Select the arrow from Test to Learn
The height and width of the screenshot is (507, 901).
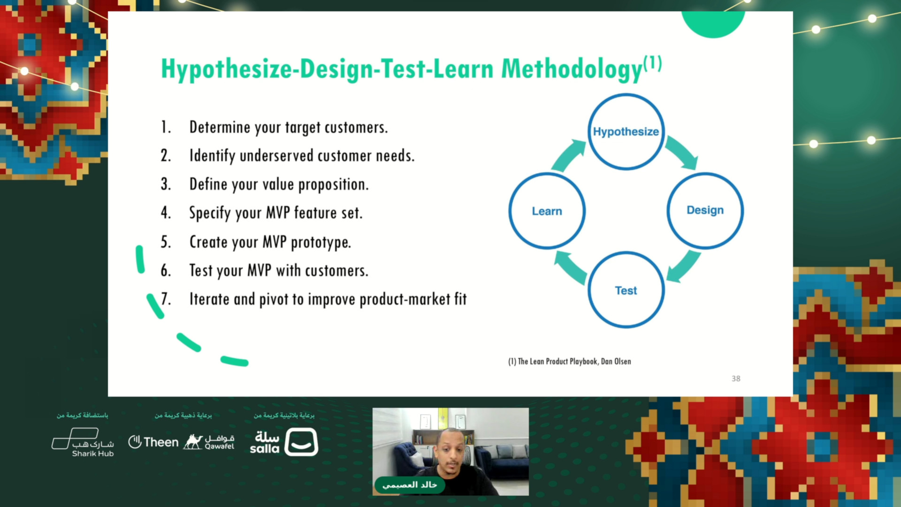point(569,267)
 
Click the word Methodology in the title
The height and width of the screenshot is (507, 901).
point(572,69)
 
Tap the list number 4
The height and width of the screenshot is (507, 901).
point(166,213)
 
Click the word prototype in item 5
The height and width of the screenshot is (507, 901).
point(321,243)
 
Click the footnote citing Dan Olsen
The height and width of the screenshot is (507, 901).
point(570,361)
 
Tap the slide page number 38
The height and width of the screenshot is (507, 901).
point(736,378)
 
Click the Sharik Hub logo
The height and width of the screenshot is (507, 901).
point(83,442)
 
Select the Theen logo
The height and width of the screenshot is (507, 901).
point(153,442)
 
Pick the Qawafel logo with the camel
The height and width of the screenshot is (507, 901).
point(209,442)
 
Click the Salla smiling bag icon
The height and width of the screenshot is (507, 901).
point(301,442)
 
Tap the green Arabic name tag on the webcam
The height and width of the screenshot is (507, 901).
point(410,485)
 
